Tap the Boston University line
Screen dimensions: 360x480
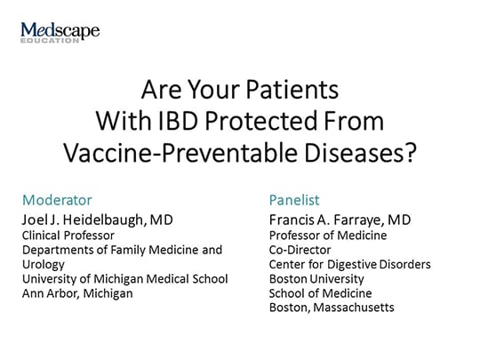click(313, 278)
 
